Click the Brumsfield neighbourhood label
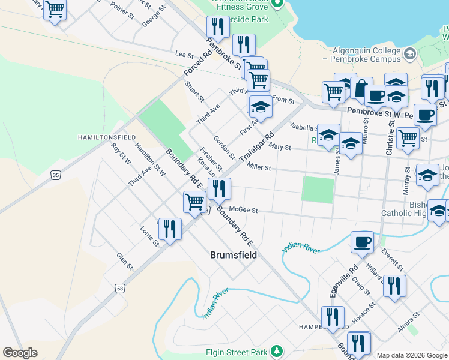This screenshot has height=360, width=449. [x=234, y=255]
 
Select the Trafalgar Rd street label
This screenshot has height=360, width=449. [x=256, y=147]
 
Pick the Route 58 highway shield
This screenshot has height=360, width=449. [x=121, y=289]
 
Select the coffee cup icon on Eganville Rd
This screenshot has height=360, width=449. [x=362, y=242]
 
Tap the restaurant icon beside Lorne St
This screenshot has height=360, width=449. [x=170, y=229]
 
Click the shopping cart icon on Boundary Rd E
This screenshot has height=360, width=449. [x=195, y=202]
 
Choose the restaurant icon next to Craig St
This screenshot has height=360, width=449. [x=394, y=286]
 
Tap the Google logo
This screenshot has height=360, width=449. [x=20, y=353]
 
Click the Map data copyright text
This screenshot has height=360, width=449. [x=411, y=355]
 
